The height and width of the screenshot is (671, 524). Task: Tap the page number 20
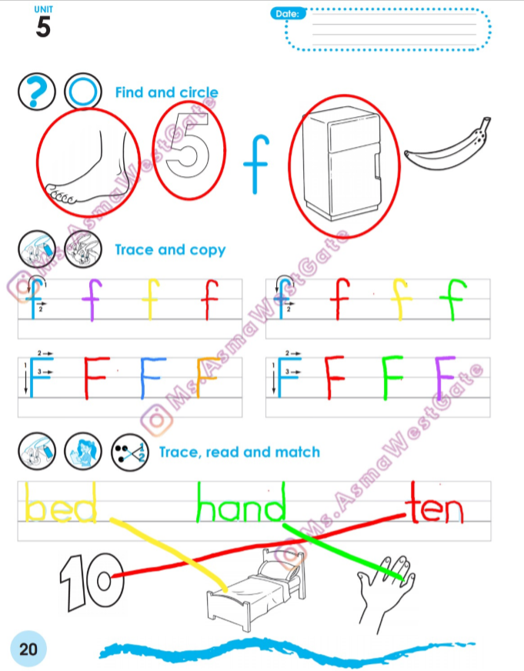click(28, 649)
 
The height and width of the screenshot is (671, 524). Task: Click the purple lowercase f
click(92, 299)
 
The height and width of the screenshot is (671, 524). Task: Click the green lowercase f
click(453, 299)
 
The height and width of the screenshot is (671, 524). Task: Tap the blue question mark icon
click(37, 92)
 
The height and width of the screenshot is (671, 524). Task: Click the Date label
click(288, 14)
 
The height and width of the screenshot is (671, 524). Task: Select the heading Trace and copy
click(170, 250)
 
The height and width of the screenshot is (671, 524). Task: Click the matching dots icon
click(129, 452)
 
